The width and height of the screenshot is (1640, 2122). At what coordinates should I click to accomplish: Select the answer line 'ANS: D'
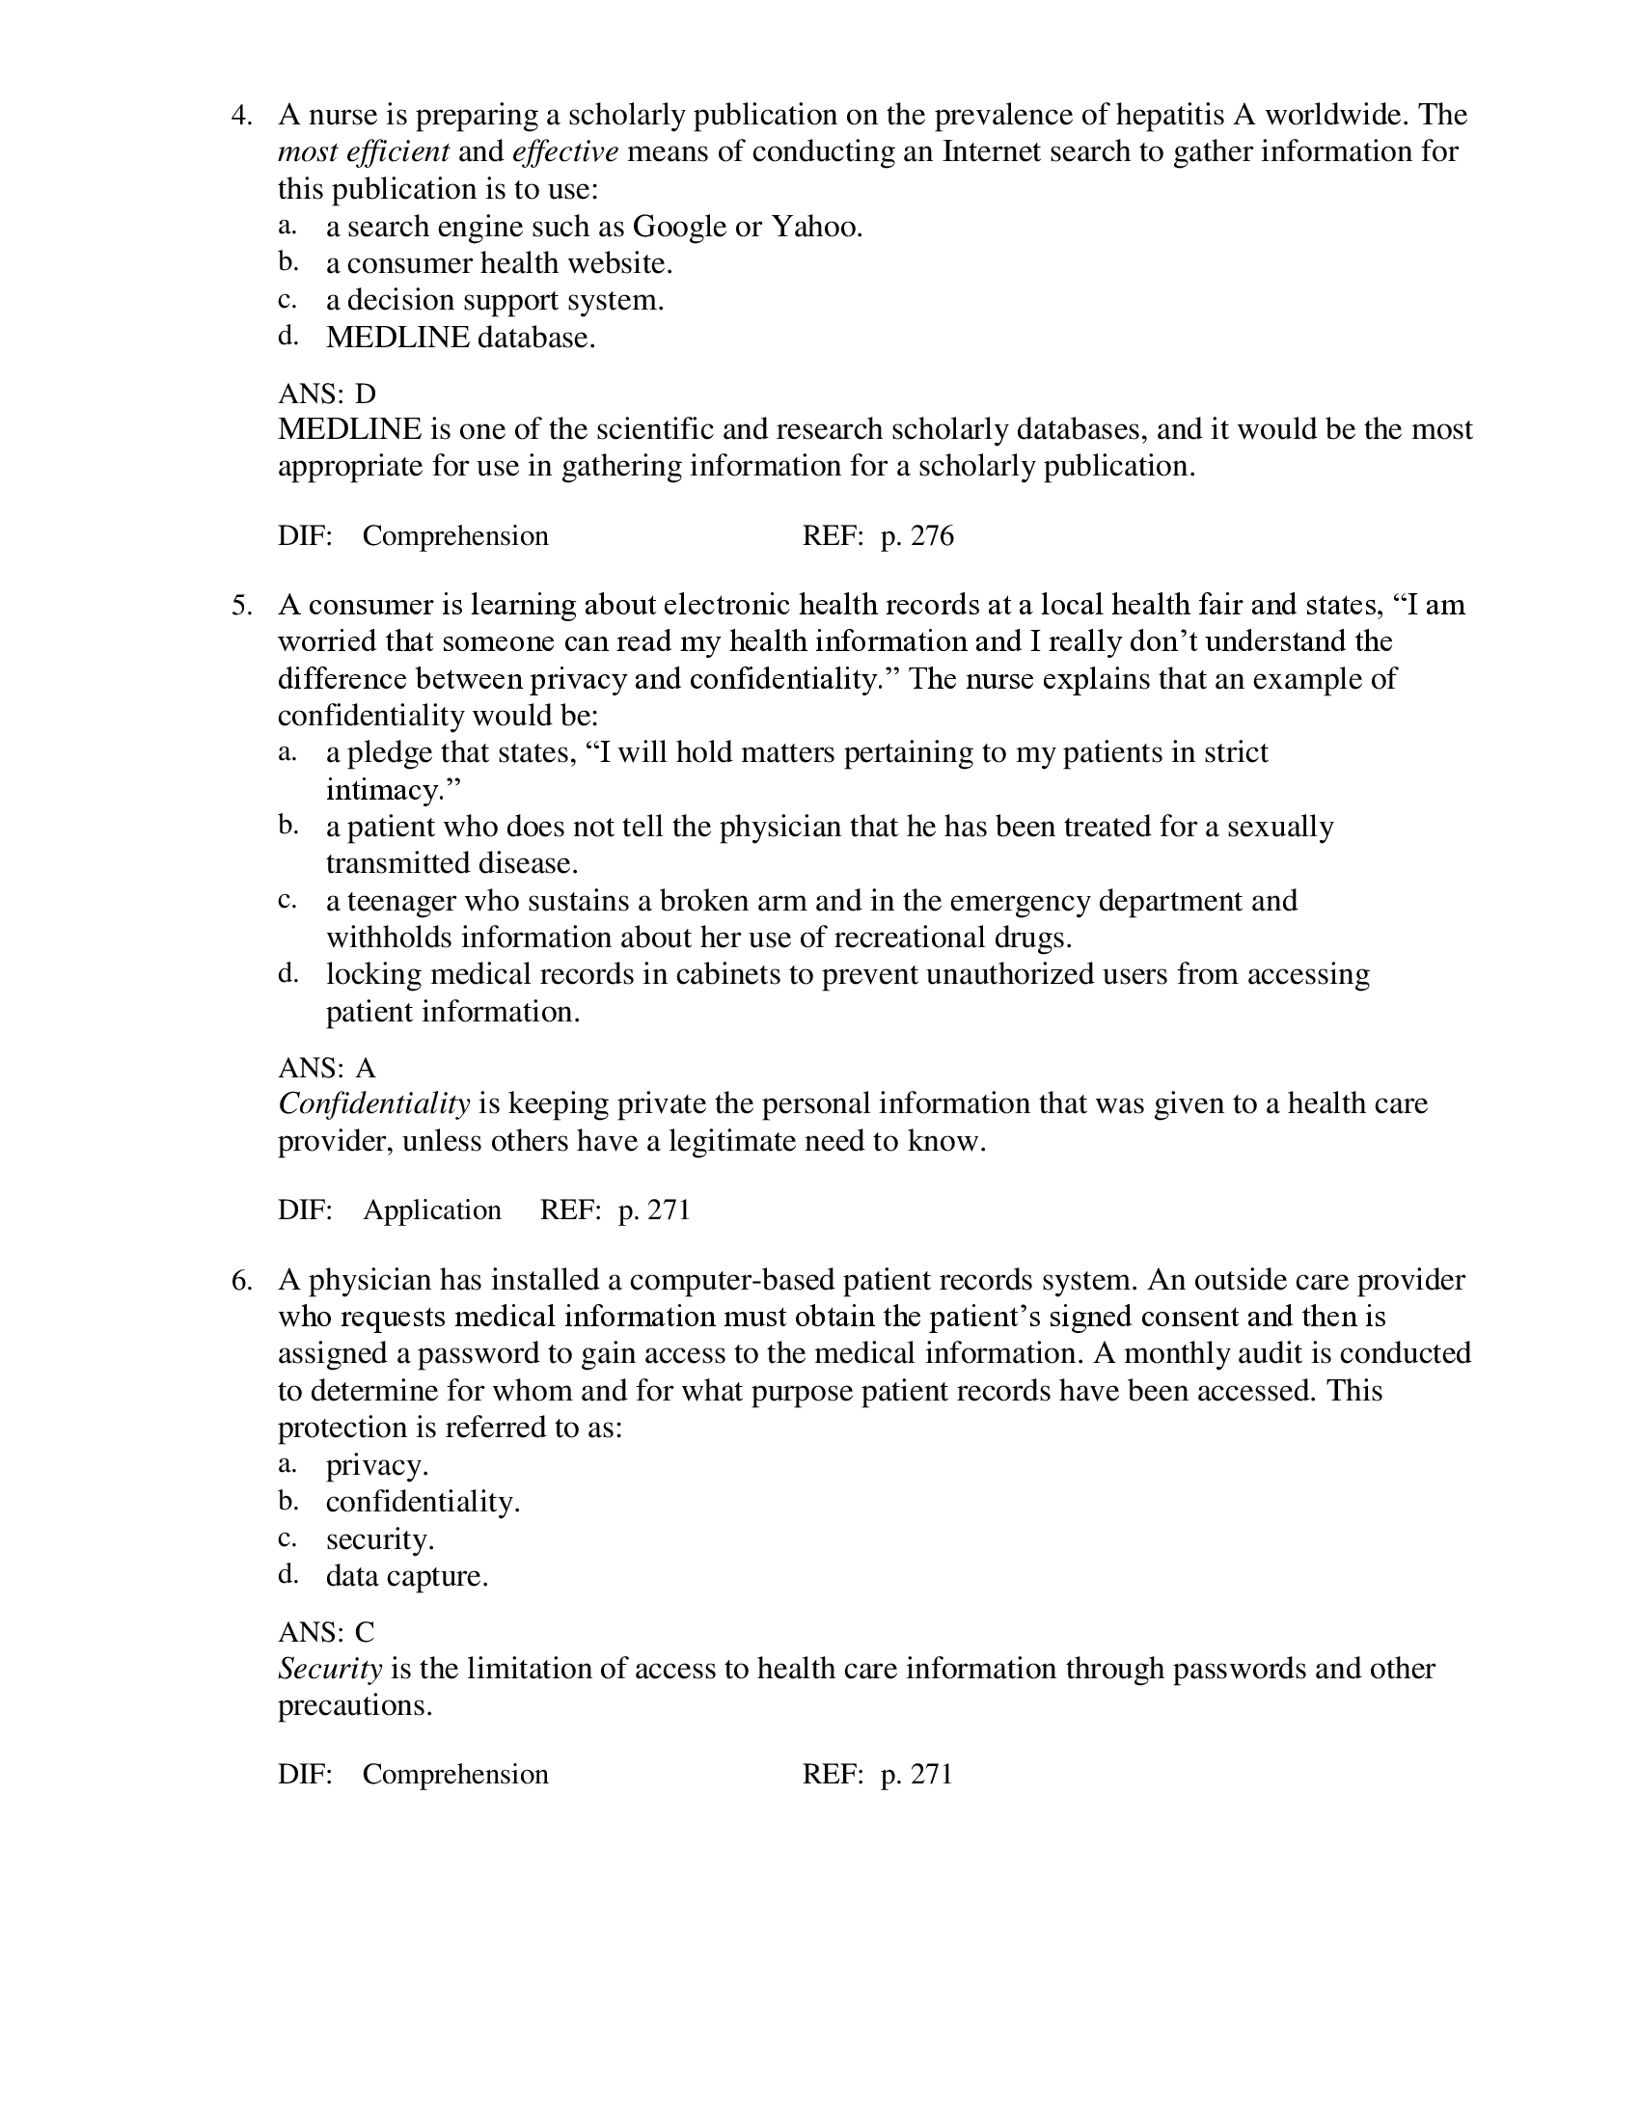click(x=326, y=394)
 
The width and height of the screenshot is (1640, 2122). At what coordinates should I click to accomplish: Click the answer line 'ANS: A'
click(x=326, y=1068)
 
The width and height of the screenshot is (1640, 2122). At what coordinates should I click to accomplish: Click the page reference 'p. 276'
click(x=916, y=535)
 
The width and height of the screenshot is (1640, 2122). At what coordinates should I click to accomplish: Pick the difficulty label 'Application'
click(x=432, y=1210)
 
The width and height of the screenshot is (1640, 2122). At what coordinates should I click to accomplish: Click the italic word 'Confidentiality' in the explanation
click(x=374, y=1103)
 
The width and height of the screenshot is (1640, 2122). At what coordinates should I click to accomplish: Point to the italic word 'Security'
click(x=329, y=1669)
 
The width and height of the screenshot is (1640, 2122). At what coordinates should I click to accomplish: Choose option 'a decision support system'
click(x=495, y=300)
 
